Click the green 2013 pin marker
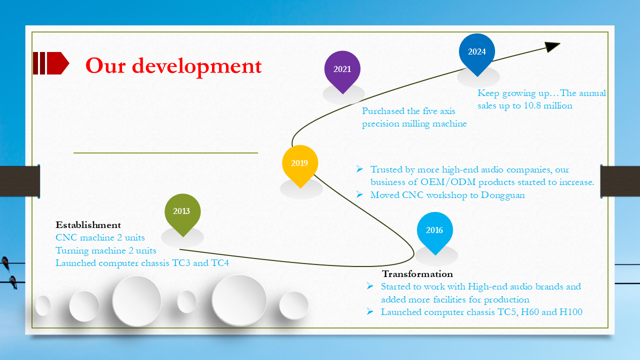[182, 211]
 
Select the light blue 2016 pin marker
[434, 230]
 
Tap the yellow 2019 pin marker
[299, 163]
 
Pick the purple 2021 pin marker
[342, 69]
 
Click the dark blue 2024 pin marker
[477, 51]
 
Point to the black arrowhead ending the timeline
[552, 46]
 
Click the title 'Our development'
[173, 65]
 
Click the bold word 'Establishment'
[88, 225]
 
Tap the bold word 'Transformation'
[417, 274]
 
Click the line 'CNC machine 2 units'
[100, 237]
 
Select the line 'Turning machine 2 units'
[106, 250]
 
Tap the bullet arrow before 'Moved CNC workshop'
[359, 194]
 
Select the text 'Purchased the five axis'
[408, 111]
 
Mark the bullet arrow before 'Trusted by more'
[359, 169]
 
